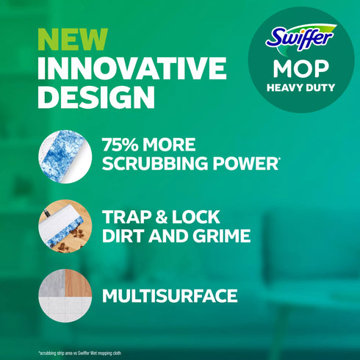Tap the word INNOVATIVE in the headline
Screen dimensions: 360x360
click(x=132, y=68)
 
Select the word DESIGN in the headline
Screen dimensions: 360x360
click(x=96, y=97)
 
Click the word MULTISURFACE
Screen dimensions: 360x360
click(x=170, y=296)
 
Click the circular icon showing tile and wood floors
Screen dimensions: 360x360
click(x=64, y=296)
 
